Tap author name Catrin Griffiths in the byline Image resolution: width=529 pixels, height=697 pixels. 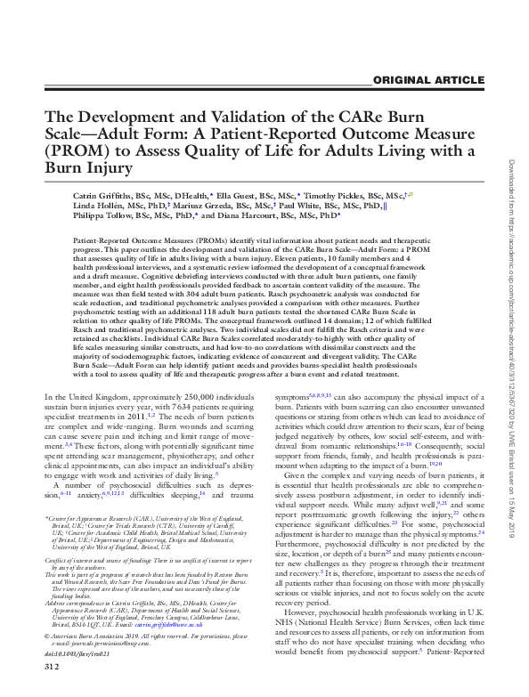[102, 193]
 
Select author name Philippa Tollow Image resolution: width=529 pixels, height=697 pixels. [104, 215]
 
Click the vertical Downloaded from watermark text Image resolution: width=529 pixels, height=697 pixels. [510, 267]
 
